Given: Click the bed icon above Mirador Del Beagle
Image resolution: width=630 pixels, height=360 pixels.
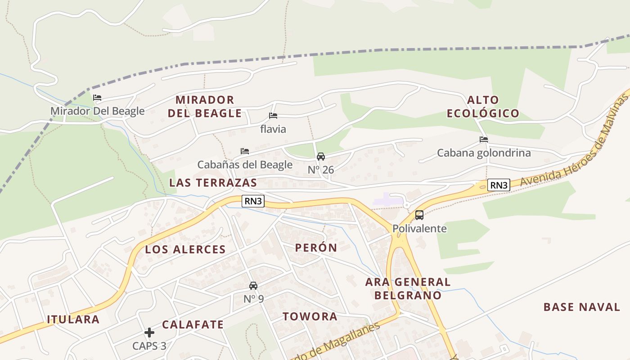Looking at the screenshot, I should coord(97,98).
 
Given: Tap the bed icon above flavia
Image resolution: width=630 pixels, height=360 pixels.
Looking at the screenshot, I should coord(273,116).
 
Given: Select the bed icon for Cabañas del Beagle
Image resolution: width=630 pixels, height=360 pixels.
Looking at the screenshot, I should coord(245,151).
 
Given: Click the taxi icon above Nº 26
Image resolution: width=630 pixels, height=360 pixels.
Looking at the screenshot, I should coord(321,157).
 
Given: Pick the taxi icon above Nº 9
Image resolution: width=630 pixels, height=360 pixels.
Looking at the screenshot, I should coord(253,286).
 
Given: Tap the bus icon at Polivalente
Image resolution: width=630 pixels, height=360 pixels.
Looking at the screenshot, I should coord(419,215).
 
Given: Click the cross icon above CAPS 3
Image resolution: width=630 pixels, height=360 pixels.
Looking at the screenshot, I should coord(149,333).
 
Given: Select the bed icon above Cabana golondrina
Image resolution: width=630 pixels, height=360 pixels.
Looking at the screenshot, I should coord(484,139).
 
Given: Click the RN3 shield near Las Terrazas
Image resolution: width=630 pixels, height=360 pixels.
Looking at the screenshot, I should coord(253,201).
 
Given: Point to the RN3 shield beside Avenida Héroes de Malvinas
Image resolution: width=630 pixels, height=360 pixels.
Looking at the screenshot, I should coord(499,185).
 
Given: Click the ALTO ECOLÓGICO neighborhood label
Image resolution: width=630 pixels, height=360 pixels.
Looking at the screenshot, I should coord(483,107).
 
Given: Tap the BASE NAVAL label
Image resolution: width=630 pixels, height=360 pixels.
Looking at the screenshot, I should coord(582,307).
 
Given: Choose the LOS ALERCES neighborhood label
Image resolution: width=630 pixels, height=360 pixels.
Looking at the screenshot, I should coord(185,250).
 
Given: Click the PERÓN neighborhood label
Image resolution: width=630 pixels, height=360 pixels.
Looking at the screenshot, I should coord(316,247).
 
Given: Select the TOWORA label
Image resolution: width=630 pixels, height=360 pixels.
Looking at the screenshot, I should coord(310,316).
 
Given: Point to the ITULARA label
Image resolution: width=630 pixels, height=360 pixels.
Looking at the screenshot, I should coord(73,319).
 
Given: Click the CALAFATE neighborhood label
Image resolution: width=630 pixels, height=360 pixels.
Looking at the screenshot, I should coord(193,324).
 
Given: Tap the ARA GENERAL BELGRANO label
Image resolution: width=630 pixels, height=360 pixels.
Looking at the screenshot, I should coord(408,288).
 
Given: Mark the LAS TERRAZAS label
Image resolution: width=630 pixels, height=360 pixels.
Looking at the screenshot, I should coord(213,183).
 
